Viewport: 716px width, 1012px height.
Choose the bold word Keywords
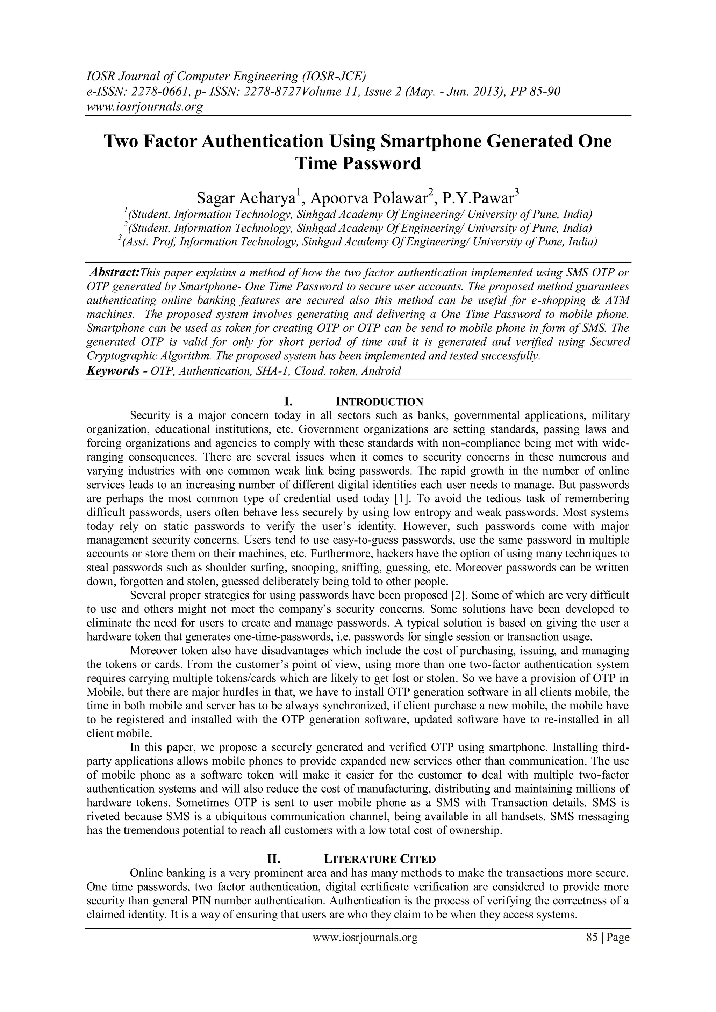pos(113,371)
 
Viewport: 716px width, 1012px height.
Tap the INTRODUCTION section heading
pos(379,402)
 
